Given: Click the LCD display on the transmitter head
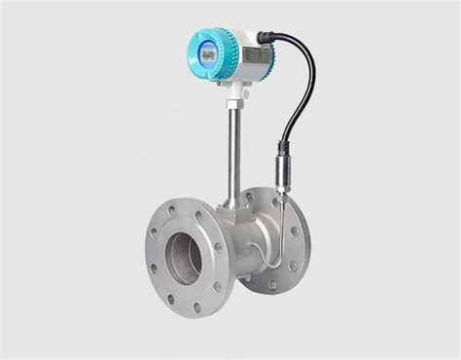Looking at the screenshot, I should click(207, 54).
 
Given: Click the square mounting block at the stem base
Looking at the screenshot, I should click(233, 209).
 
